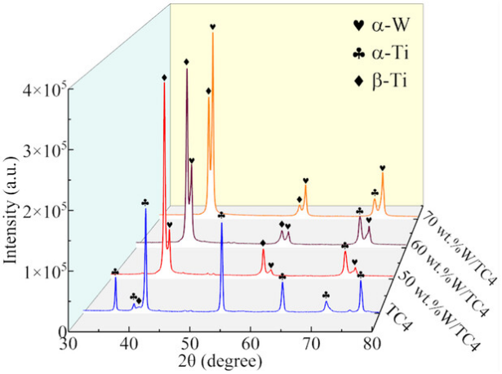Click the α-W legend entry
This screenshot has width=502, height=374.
pyautogui.click(x=380, y=25)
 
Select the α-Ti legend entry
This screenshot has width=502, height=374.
pyautogui.click(x=380, y=53)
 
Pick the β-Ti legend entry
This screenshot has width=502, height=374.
pyautogui.click(x=380, y=81)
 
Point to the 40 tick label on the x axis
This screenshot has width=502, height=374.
pyautogui.click(x=129, y=345)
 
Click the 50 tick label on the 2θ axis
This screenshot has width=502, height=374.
pyautogui.click(x=190, y=345)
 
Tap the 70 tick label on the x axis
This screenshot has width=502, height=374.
pyautogui.click(x=311, y=345)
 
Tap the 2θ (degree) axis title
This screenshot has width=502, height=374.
pyautogui.click(x=220, y=362)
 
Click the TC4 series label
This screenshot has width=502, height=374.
pyautogui.click(x=399, y=319)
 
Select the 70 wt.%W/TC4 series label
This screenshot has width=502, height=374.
pyautogui.click(x=459, y=248)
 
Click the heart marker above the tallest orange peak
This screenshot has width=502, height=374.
pyautogui.click(x=212, y=27)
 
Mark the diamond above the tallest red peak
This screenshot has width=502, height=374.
pyautogui.click(x=164, y=78)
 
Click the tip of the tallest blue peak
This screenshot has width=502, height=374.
pyautogui.click(x=145, y=208)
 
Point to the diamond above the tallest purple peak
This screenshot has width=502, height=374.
pyautogui.click(x=187, y=61)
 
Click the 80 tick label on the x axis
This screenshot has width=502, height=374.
pyautogui.click(x=372, y=345)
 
